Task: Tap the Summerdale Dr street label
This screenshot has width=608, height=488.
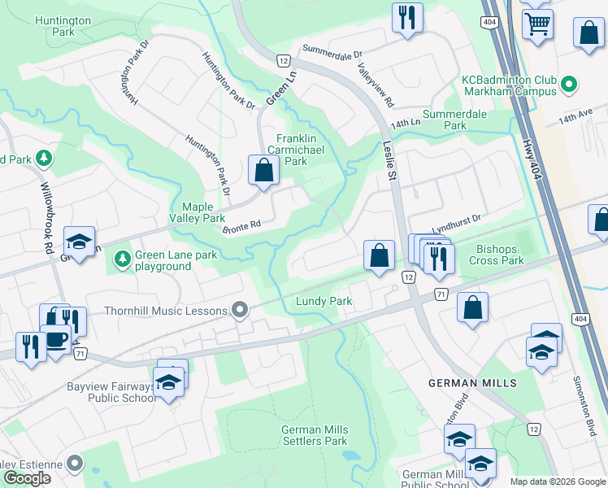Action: tap(332, 52)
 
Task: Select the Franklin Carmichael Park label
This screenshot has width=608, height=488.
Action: tap(302, 150)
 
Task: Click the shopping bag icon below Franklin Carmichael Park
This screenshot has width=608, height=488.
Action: tap(263, 171)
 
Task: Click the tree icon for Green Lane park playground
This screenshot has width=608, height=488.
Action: tap(123, 259)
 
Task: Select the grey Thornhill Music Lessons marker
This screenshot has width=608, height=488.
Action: tap(240, 309)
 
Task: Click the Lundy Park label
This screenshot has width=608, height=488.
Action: tap(324, 302)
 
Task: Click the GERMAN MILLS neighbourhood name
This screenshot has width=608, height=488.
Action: tap(472, 383)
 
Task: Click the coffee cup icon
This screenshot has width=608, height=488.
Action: tap(56, 339)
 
